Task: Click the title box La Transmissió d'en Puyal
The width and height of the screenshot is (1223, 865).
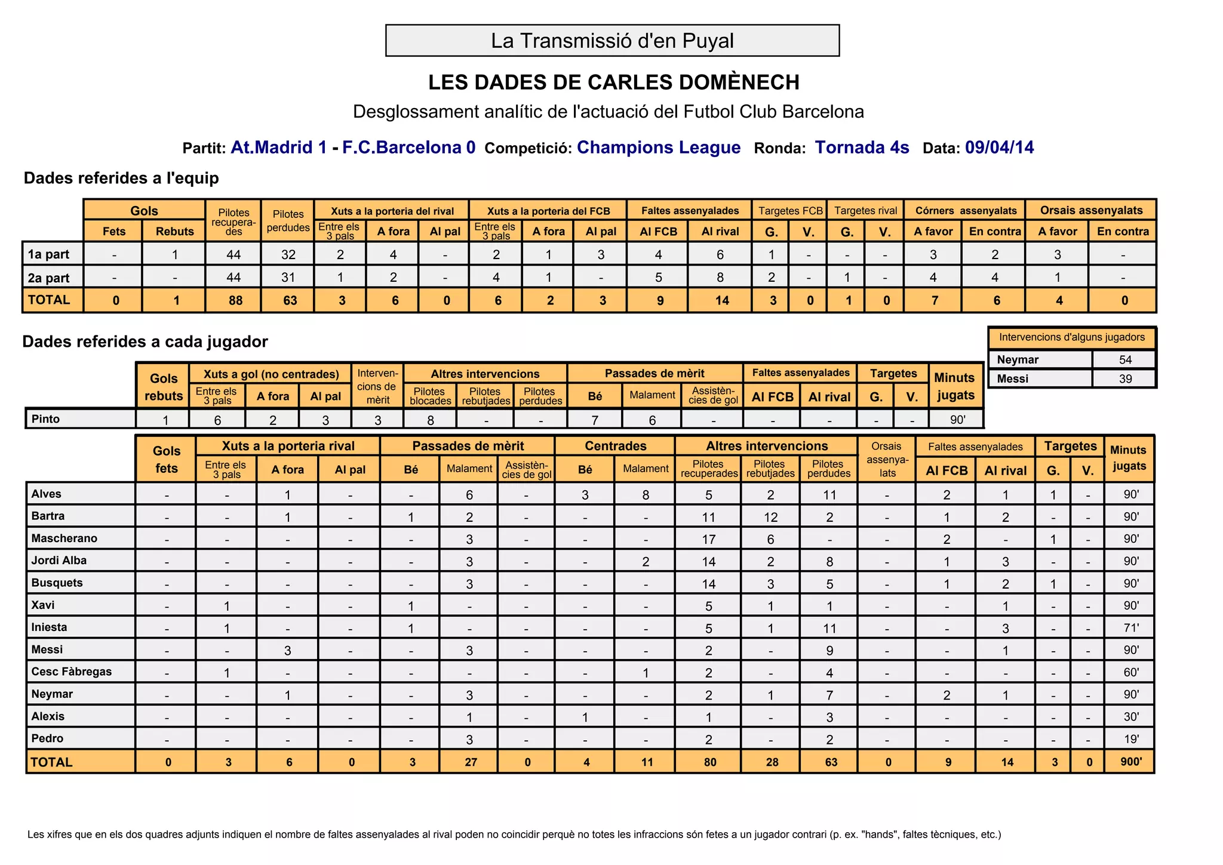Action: point(612,41)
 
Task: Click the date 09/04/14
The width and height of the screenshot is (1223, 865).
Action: point(999,147)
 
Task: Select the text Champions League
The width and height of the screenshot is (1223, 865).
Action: point(658,147)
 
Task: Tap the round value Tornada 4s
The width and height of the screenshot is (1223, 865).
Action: point(862,147)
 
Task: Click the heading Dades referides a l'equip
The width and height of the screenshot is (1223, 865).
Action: point(121,178)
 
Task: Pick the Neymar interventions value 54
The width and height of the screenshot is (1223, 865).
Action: point(1125,359)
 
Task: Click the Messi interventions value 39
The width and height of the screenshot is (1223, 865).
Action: point(1125,378)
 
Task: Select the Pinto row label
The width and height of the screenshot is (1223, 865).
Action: point(46,418)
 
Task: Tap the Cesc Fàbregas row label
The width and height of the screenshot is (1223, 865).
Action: point(71,672)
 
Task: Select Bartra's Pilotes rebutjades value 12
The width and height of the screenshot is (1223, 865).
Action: point(770,516)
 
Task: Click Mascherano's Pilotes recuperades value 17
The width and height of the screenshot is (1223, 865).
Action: point(708,539)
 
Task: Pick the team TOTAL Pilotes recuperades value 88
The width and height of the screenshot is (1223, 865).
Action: point(235,300)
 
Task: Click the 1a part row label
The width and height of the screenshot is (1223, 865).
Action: point(48,254)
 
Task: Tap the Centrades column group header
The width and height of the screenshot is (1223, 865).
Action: point(615,446)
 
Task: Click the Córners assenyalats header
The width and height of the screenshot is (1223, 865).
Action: point(966,210)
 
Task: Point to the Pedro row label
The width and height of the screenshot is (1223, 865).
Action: point(47,738)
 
